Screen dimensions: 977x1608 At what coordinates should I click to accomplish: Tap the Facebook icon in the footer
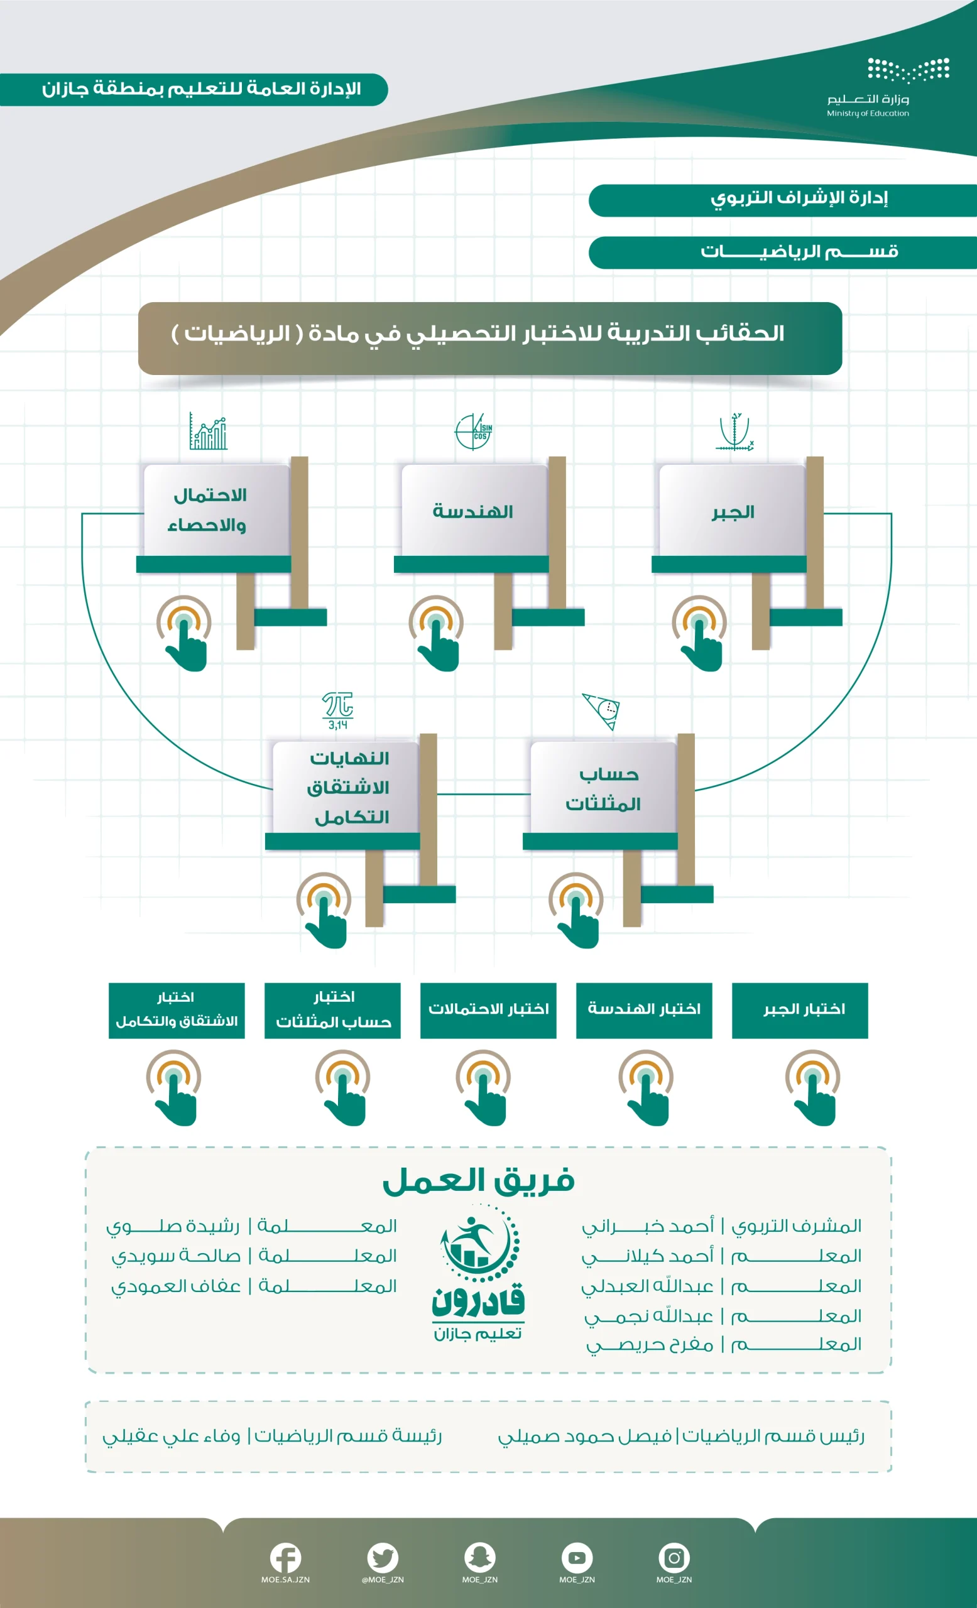(285, 1558)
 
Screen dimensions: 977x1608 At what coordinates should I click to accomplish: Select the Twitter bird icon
(383, 1558)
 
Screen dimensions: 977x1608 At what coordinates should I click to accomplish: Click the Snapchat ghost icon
(479, 1558)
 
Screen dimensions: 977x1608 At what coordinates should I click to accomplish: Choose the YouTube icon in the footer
(577, 1558)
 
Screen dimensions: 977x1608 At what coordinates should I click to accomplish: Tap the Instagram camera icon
(674, 1558)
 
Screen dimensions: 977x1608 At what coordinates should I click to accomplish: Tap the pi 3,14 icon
(337, 710)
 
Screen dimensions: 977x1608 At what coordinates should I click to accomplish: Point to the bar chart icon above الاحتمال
(208, 431)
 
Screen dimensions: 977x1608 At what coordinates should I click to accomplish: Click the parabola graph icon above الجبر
(735, 432)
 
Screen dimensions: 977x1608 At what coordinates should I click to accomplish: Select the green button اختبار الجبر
(800, 1010)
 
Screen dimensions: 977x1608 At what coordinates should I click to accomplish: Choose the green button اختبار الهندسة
(644, 1010)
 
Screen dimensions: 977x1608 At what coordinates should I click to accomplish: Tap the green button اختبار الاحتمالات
(488, 1010)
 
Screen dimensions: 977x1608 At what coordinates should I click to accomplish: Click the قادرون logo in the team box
(478, 1273)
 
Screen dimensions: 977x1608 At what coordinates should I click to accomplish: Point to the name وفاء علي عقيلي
(171, 1437)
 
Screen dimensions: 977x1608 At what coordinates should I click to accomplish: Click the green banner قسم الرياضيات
(782, 253)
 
